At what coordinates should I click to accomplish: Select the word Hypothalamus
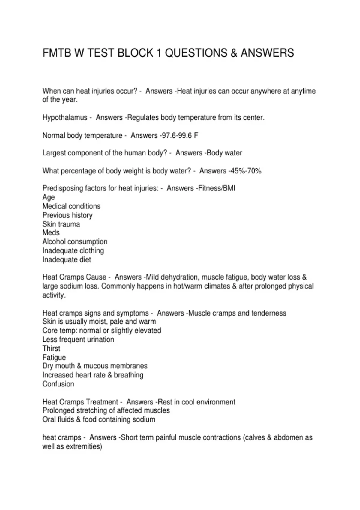(65, 118)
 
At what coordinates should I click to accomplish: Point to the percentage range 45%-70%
(246, 171)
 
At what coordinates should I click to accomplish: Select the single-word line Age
(49, 197)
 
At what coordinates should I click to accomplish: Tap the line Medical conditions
(71, 206)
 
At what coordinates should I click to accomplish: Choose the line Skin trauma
(61, 224)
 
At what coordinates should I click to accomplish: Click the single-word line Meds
(51, 233)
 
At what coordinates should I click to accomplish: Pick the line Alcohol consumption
(75, 242)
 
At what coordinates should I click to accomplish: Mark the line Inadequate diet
(67, 260)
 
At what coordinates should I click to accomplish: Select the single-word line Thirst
(51, 349)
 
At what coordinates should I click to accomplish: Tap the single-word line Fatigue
(54, 358)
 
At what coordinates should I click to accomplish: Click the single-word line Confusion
(58, 384)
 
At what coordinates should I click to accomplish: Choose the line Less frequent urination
(78, 340)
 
